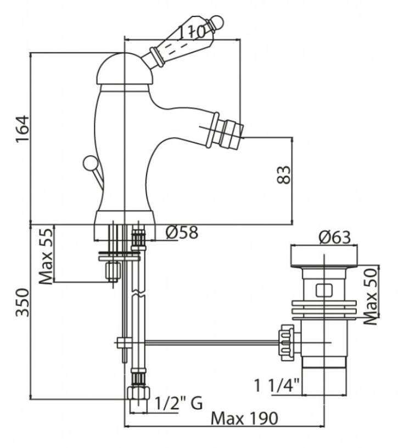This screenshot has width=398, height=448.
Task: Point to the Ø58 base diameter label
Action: [181, 233]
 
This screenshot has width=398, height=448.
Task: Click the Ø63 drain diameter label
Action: [334, 238]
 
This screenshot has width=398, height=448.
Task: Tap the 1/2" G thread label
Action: [178, 404]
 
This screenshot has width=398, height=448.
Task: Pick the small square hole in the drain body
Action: [323, 289]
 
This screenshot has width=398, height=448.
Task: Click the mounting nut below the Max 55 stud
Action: [113, 270]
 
